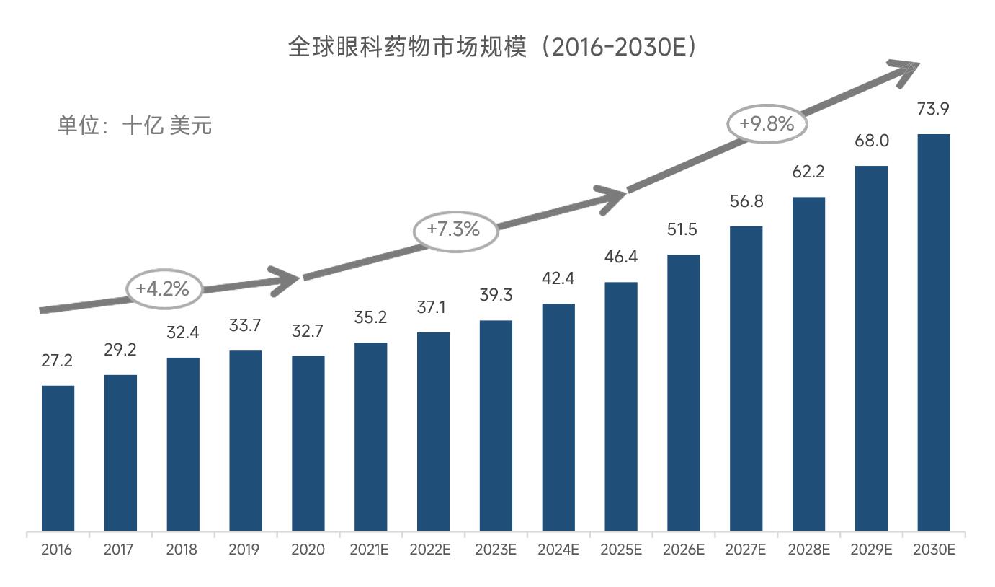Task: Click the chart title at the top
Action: [493, 48]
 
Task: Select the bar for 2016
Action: [58, 459]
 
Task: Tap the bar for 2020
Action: [308, 443]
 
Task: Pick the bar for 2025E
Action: [620, 407]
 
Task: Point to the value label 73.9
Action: [933, 110]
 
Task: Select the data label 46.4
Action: [620, 257]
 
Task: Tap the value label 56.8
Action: [746, 202]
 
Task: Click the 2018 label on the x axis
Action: [182, 550]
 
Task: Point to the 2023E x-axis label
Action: [496, 550]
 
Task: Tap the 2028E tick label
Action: [808, 550]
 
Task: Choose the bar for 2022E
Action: [433, 432]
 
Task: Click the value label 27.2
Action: [57, 361]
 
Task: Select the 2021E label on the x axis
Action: [370, 550]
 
